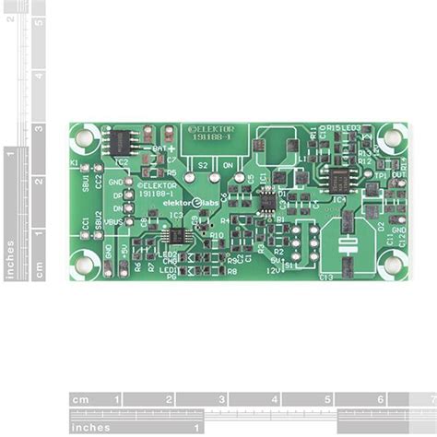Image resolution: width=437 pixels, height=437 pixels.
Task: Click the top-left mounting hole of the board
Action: (x=85, y=139)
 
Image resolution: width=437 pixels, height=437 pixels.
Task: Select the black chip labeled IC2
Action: (x=122, y=142)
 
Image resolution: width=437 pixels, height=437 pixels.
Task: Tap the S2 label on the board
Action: (x=202, y=166)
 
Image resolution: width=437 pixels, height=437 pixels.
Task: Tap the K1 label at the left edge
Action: (x=75, y=163)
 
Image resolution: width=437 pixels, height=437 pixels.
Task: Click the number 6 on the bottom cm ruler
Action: (x=380, y=400)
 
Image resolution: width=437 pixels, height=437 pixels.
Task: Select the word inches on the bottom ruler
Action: (x=91, y=427)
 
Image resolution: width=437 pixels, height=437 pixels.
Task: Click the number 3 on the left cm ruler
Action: (x=39, y=128)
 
